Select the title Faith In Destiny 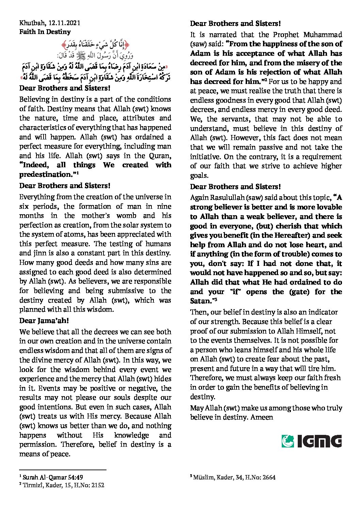tap(45, 32)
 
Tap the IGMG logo tap(311, 441)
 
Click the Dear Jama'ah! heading tap(44, 321)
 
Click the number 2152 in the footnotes tap(97, 485)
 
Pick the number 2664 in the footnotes tap(268, 477)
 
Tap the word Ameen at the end tap(262, 417)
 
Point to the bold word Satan tap(200, 301)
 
